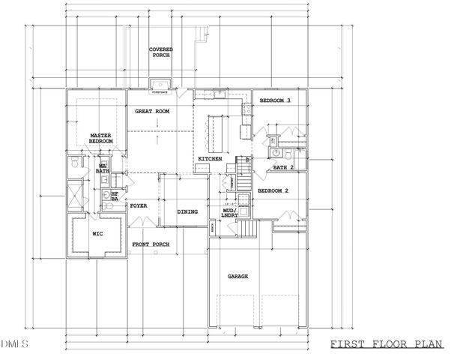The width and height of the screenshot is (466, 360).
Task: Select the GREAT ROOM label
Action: click(x=151, y=111)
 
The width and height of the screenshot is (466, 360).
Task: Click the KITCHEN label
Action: click(x=209, y=160)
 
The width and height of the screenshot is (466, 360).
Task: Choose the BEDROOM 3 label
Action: click(x=275, y=100)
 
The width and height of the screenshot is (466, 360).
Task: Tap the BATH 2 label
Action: click(x=283, y=167)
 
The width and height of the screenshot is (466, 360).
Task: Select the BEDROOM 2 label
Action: click(x=273, y=190)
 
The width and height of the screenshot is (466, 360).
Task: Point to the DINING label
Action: click(x=187, y=211)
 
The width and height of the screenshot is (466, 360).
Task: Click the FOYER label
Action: click(x=139, y=205)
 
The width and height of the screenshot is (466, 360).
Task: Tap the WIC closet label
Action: click(x=97, y=233)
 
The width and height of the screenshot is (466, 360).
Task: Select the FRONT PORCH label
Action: click(x=151, y=245)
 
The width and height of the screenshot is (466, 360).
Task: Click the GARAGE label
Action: click(x=237, y=276)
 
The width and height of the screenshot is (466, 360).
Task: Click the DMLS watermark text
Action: click(x=14, y=344)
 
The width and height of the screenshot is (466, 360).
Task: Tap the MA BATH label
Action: click(x=103, y=169)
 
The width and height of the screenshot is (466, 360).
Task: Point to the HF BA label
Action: click(x=115, y=196)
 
